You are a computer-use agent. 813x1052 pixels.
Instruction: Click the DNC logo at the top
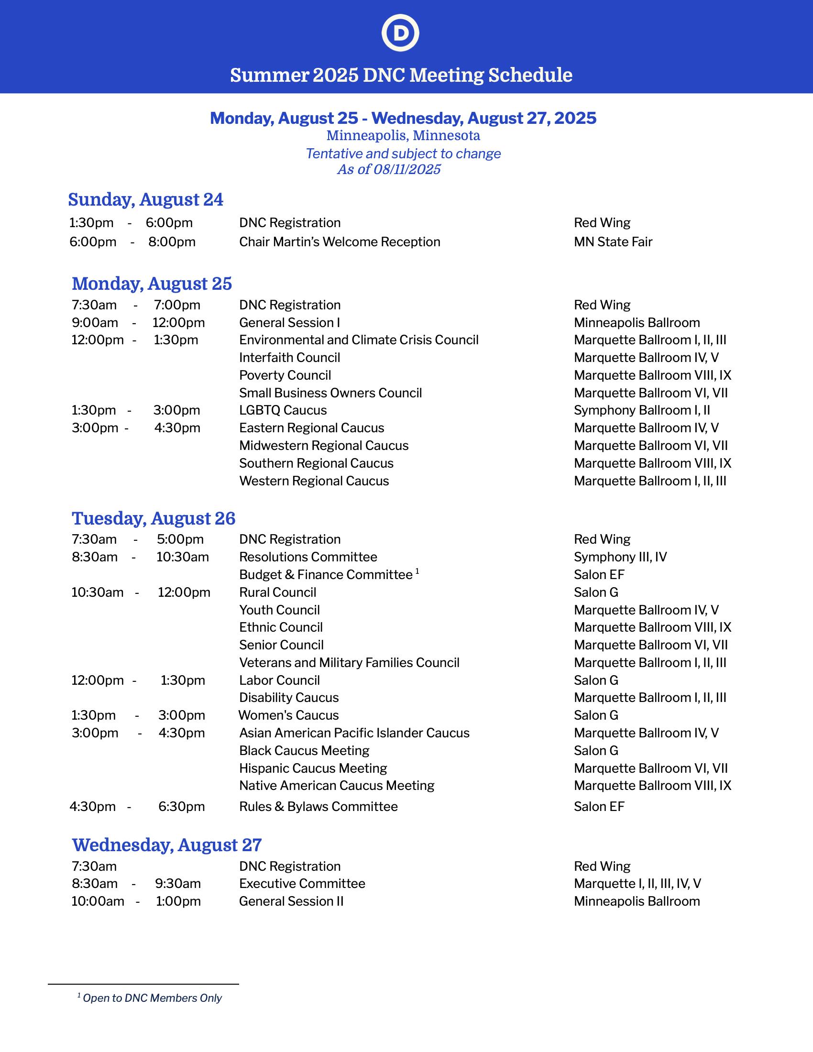click(400, 33)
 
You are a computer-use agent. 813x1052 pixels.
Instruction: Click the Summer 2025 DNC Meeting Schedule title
click(401, 75)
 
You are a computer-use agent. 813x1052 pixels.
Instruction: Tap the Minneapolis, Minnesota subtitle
click(403, 136)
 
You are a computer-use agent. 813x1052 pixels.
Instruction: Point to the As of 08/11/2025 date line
click(389, 170)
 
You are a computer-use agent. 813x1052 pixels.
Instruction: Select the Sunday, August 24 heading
click(145, 199)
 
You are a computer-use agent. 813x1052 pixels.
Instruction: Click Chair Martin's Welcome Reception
click(340, 242)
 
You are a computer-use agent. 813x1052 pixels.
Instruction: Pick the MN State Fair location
click(613, 242)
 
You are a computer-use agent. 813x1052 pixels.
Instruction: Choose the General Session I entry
click(289, 323)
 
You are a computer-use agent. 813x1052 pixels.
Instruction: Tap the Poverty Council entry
click(285, 375)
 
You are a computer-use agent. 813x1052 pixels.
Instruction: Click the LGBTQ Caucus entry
click(283, 410)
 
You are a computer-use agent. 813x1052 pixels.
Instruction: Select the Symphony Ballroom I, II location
click(641, 410)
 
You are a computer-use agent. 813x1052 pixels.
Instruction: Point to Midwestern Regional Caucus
click(324, 446)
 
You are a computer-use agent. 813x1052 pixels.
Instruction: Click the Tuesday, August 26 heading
click(154, 518)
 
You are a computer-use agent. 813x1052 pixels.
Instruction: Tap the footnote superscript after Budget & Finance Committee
click(417, 571)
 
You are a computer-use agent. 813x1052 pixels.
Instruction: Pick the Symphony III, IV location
click(620, 557)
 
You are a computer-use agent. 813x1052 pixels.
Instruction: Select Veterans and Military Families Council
click(349, 663)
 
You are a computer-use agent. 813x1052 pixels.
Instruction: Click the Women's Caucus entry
click(288, 715)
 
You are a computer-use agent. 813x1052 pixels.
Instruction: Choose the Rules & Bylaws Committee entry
click(319, 807)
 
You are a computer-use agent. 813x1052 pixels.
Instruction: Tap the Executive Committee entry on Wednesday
click(302, 883)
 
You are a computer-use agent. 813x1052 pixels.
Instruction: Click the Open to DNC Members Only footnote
click(152, 998)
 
